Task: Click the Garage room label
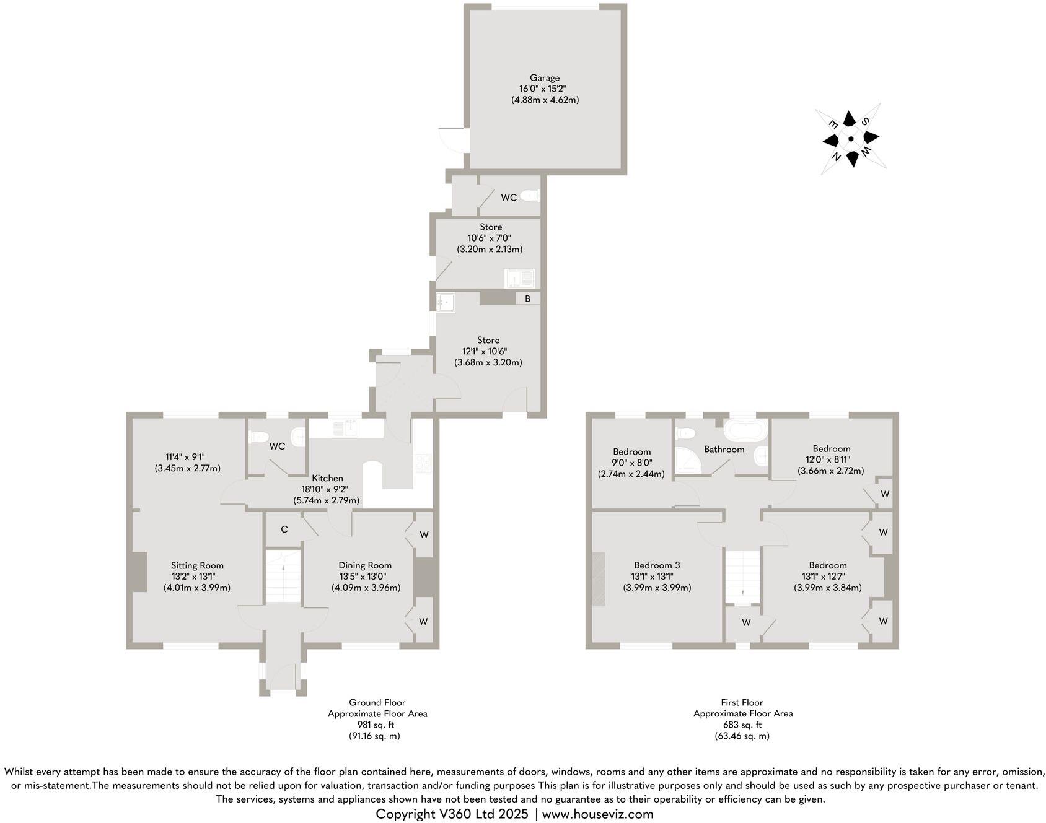click(544, 78)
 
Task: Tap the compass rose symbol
click(850, 139)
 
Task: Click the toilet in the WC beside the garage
click(530, 196)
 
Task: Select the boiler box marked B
click(528, 298)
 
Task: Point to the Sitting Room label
click(197, 565)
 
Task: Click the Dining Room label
click(365, 565)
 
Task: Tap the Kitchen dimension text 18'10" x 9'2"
click(326, 489)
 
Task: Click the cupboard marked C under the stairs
click(284, 529)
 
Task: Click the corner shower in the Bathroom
click(687, 461)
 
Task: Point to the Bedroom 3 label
click(657, 565)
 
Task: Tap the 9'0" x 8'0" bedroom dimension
click(631, 463)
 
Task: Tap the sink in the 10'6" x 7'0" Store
click(519, 278)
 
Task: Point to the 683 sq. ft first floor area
click(742, 725)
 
